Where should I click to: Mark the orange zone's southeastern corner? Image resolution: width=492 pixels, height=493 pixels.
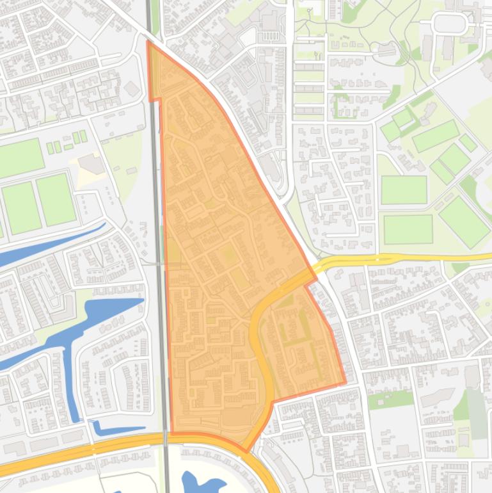tap(345, 383)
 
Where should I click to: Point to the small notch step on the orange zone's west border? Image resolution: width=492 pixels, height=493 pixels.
tap(155, 100)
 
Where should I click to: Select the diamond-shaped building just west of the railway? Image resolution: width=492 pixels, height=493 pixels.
tap(132, 88)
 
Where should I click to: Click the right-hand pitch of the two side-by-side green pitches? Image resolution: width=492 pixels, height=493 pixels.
tap(55, 199)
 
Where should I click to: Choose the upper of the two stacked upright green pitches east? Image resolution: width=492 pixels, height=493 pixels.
tap(403, 190)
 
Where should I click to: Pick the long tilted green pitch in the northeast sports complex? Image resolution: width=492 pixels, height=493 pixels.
tap(436, 135)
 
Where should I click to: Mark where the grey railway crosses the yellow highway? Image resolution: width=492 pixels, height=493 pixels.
tap(165, 438)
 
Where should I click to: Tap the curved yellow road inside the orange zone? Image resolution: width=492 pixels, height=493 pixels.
tap(259, 346)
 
